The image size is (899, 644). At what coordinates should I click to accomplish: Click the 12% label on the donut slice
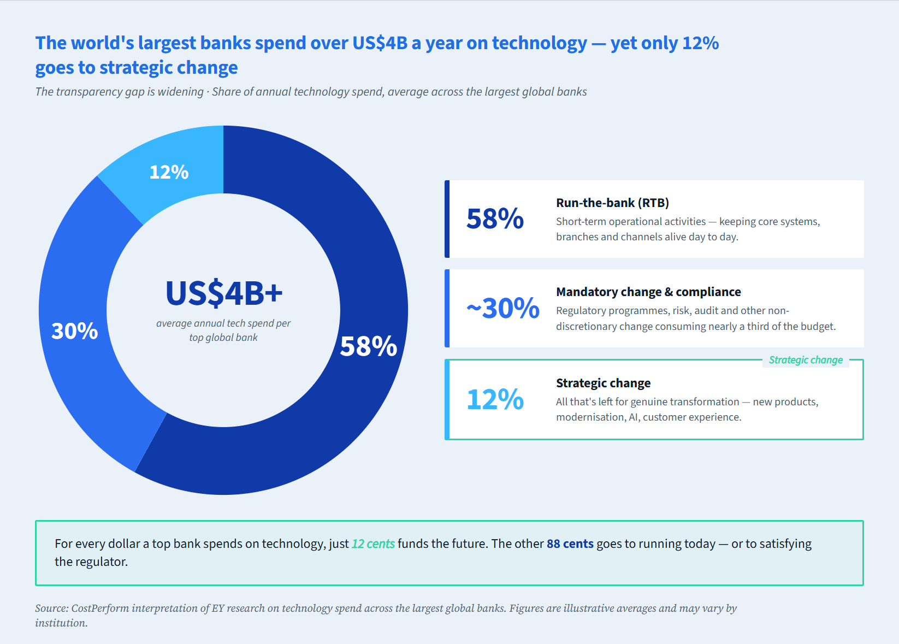(169, 172)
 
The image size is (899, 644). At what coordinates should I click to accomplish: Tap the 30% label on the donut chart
(74, 331)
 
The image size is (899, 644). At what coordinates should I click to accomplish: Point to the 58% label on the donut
(368, 346)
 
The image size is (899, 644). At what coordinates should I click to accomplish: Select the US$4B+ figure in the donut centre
(224, 293)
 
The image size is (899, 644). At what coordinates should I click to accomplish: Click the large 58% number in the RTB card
(495, 219)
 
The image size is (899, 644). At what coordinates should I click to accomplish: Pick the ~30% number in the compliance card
(502, 309)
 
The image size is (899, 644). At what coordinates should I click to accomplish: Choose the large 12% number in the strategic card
(495, 399)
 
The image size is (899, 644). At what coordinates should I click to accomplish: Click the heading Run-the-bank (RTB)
(612, 203)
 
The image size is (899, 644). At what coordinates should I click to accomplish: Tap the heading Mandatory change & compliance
(648, 292)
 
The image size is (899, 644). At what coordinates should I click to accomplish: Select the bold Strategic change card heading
(603, 383)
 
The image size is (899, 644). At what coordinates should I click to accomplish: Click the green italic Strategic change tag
(806, 360)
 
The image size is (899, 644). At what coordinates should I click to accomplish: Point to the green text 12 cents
(373, 544)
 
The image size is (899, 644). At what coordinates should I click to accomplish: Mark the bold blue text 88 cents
(570, 544)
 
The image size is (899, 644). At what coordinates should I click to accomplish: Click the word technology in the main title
(539, 43)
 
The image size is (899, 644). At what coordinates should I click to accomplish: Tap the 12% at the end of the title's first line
(700, 43)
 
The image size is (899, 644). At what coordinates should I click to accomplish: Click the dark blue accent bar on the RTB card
(447, 219)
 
